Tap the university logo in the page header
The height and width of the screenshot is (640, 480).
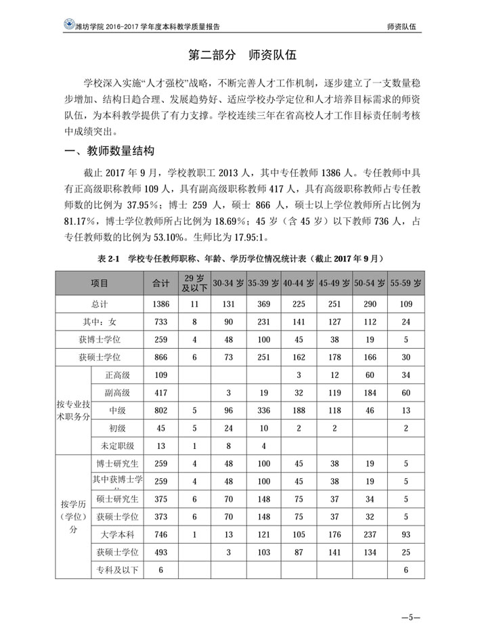(68, 24)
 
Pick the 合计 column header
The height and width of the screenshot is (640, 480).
(161, 283)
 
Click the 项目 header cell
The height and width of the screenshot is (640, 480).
(99, 283)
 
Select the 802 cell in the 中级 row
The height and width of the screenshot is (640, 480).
(161, 410)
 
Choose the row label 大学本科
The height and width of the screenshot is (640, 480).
(116, 534)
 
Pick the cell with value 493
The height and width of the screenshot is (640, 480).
(161, 553)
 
